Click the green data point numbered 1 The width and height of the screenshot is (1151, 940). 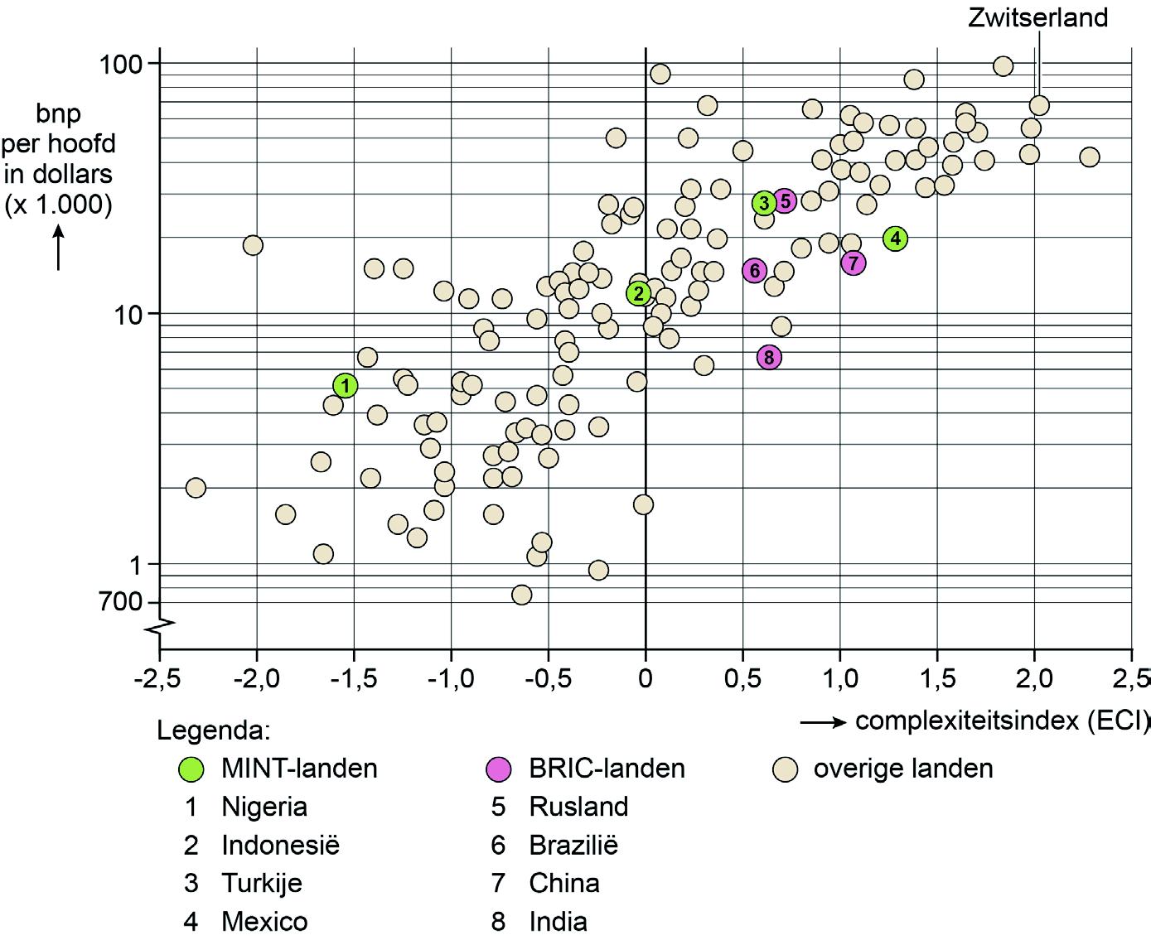346,385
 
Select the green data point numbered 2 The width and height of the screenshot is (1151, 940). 638,293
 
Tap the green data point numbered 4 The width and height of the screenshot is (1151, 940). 895,239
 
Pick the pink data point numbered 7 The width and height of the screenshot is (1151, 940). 854,263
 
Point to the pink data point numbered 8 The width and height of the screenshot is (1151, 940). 769,358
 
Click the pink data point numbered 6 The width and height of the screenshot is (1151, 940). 754,270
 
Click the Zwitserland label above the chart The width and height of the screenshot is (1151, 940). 1037,17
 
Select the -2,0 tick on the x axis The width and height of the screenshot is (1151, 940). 257,679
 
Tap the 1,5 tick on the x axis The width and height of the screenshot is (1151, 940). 937,679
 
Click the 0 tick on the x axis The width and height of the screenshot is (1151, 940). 646,679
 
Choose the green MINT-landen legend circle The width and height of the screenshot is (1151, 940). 191,769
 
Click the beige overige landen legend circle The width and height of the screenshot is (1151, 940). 784,769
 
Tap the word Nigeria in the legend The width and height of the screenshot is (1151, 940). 264,807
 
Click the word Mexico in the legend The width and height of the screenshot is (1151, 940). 264,921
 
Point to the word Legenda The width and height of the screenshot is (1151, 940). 214,731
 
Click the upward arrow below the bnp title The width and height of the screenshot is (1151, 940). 59,248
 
